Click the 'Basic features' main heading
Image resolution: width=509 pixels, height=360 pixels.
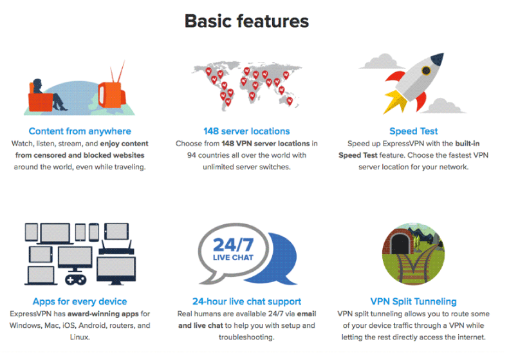click(x=246, y=21)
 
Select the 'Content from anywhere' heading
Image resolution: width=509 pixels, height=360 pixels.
click(x=80, y=131)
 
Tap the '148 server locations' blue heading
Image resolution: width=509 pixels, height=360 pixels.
click(x=246, y=131)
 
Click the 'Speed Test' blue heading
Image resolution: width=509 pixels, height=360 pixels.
click(x=414, y=131)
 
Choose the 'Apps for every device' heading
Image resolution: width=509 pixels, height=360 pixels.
click(x=80, y=301)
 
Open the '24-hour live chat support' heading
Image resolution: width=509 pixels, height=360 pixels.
click(x=246, y=301)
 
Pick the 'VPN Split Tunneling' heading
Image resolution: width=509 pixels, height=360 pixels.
click(x=414, y=301)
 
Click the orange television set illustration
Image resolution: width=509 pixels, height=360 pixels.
click(x=112, y=93)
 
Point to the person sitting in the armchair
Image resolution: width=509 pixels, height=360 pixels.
click(x=49, y=94)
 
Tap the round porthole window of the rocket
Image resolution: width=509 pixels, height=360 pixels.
click(x=426, y=70)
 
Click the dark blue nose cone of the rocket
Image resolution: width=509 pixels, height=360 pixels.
click(x=438, y=59)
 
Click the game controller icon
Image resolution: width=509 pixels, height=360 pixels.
click(x=76, y=279)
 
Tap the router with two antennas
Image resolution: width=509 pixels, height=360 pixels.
click(x=116, y=249)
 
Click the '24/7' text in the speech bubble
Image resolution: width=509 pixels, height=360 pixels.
click(x=233, y=245)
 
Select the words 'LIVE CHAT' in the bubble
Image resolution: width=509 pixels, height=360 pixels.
click(x=233, y=258)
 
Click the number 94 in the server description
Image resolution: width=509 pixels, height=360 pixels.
click(x=192, y=155)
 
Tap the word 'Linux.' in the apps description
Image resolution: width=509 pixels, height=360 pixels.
click(x=80, y=337)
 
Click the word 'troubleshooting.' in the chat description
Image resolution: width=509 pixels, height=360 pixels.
click(x=246, y=337)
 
